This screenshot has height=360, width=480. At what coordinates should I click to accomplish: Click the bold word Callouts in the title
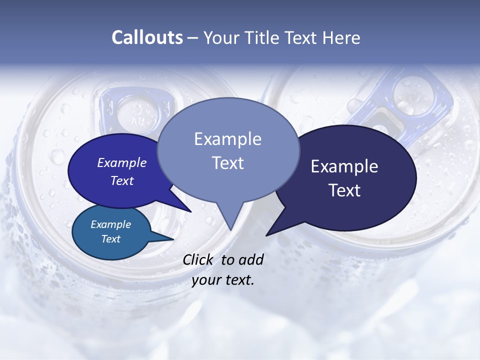tap(147, 37)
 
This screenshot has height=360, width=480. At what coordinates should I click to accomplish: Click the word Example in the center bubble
tap(227, 139)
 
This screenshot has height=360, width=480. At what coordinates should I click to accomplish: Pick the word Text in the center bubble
tap(227, 163)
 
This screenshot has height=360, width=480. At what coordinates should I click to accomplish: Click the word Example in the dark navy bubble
tap(344, 166)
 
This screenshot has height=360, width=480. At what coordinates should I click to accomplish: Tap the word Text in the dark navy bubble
tap(344, 190)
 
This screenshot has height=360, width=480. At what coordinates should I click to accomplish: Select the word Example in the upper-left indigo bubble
tap(122, 162)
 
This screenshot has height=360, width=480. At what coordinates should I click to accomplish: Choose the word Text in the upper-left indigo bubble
tap(122, 180)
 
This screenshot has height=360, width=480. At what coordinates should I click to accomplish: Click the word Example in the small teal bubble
tap(110, 224)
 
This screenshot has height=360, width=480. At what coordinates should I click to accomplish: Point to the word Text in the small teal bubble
tap(110, 239)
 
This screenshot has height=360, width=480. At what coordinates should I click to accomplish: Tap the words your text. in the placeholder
tap(223, 280)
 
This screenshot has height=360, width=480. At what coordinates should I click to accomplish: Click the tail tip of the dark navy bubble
tap(266, 235)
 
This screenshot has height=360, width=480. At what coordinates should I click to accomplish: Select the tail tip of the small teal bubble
tap(173, 239)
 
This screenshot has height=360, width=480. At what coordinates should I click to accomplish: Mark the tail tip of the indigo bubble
tap(191, 211)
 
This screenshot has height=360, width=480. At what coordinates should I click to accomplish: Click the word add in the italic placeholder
tap(251, 259)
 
